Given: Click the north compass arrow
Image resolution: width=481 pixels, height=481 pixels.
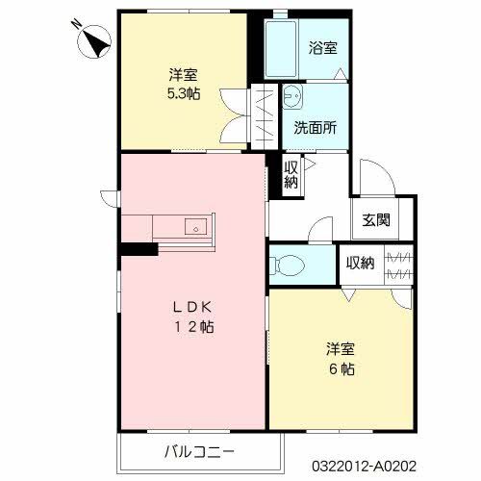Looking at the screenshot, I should [92, 41].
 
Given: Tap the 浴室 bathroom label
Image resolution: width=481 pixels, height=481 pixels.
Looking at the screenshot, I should [322, 47].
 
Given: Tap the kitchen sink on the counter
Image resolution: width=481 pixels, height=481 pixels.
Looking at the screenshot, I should [197, 229].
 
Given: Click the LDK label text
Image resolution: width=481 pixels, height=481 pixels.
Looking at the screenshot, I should [192, 308].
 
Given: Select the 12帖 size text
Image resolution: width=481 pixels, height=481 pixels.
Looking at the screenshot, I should [192, 327].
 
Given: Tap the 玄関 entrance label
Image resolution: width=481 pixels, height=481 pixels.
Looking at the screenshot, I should [376, 219].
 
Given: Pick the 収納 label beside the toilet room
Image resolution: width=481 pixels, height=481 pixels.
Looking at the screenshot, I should [360, 263].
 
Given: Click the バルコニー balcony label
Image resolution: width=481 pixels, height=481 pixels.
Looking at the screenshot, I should [198, 450].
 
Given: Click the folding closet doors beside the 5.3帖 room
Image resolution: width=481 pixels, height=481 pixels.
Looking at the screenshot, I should [262, 116].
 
